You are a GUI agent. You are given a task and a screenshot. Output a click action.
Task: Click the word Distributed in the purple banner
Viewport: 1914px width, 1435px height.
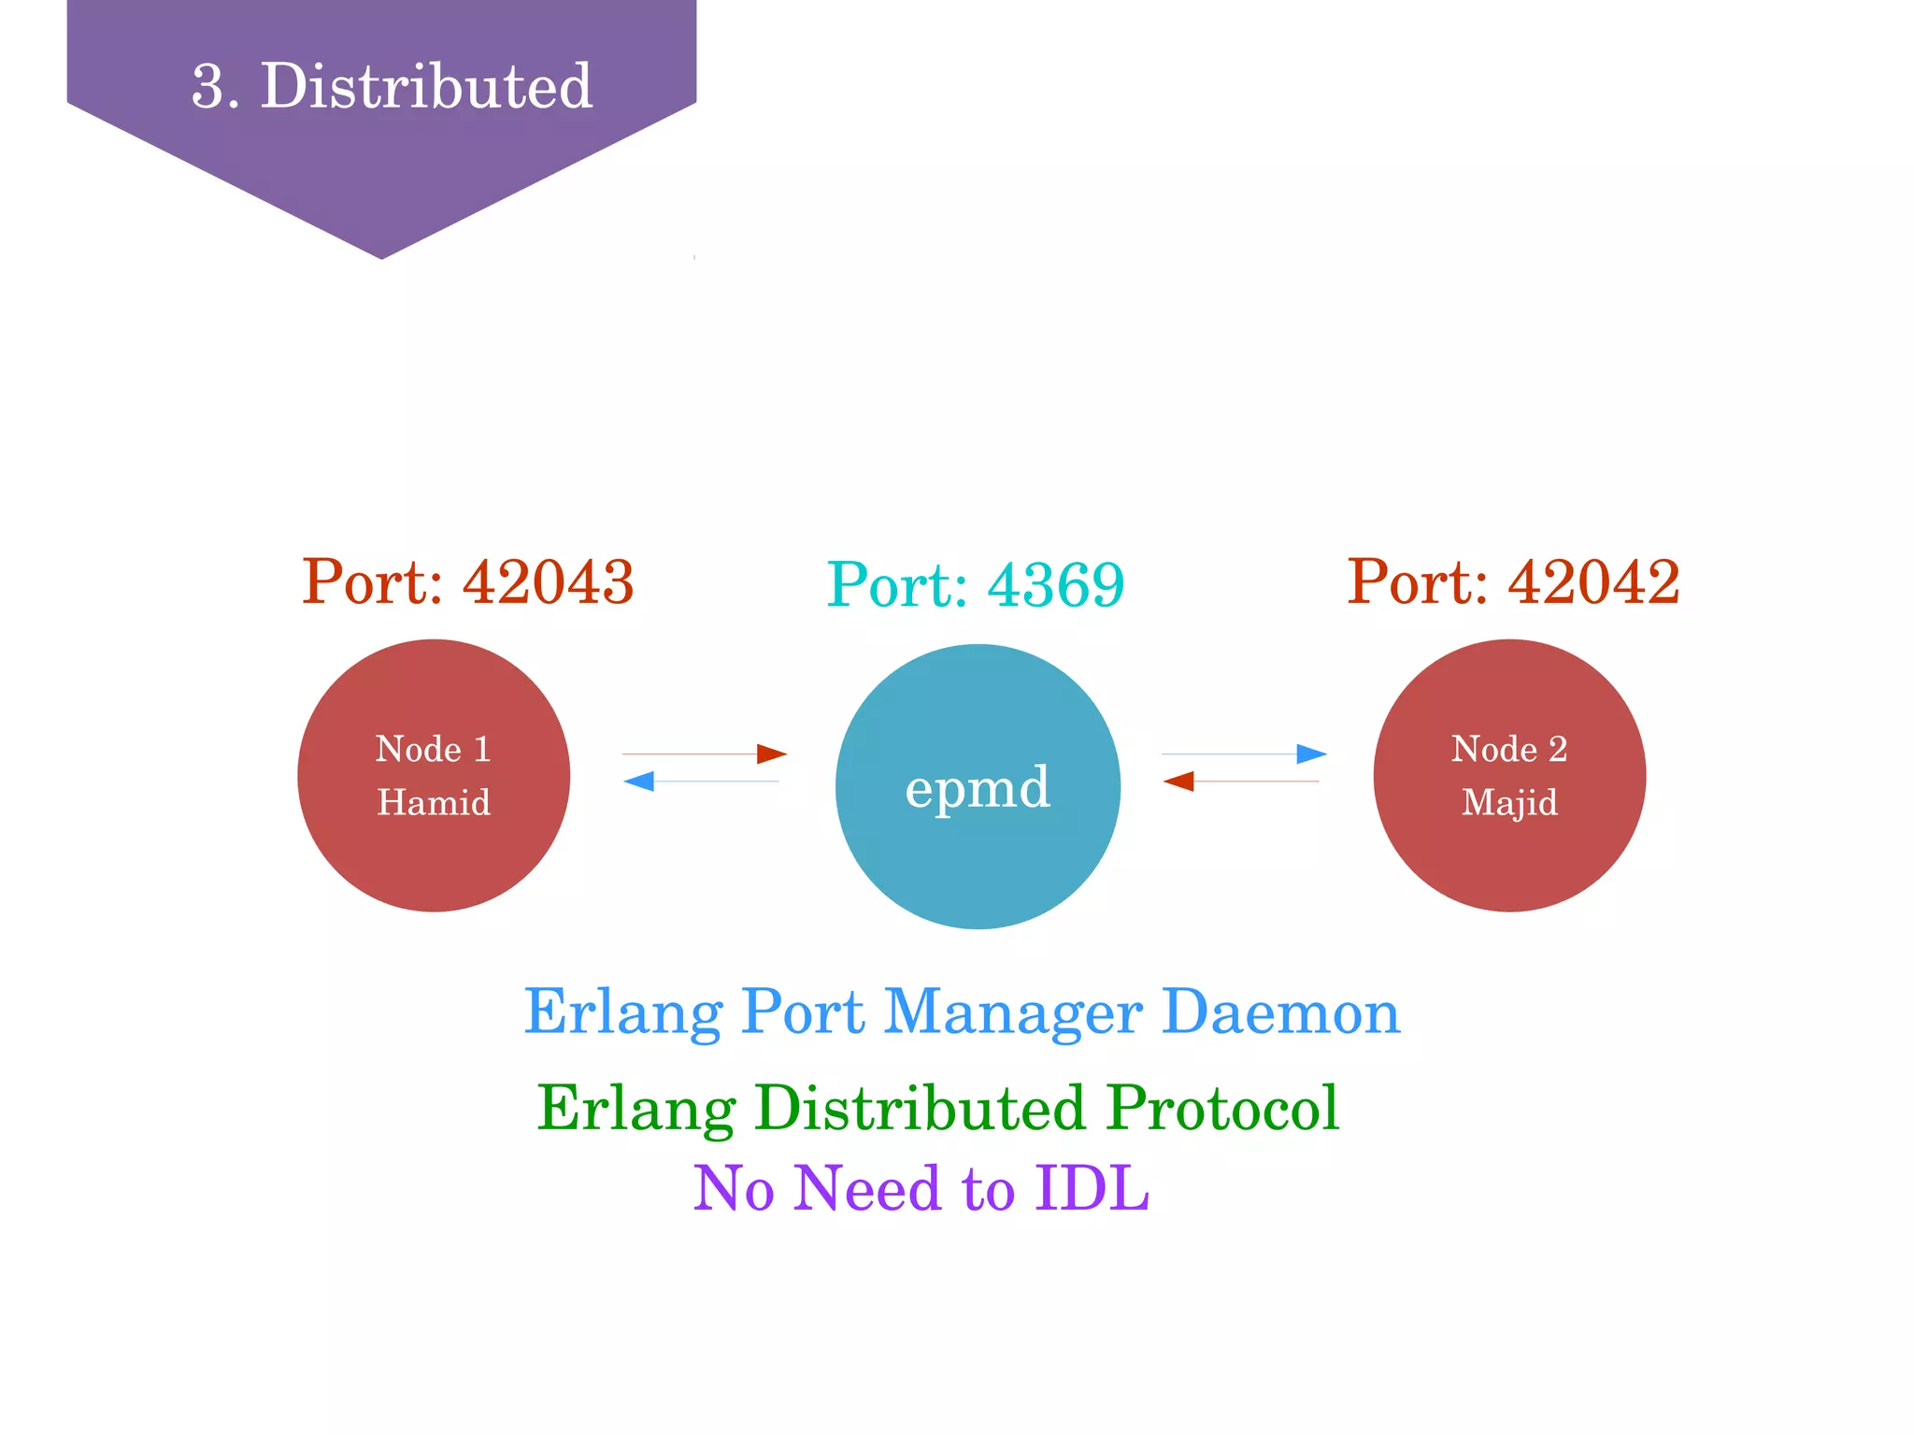point(426,86)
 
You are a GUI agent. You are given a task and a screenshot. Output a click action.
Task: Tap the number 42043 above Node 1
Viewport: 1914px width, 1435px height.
point(548,581)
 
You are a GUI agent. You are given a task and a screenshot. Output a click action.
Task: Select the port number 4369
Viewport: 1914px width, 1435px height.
point(1055,586)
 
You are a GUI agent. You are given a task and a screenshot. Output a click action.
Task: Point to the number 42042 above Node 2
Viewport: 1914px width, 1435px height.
point(1593,581)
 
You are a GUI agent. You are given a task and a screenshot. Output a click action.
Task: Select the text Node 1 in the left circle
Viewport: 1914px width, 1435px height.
point(434,749)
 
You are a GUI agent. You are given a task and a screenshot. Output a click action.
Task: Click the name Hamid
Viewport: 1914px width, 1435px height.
point(434,802)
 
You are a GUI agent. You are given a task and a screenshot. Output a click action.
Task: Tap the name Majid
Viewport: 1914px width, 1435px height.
point(1509,802)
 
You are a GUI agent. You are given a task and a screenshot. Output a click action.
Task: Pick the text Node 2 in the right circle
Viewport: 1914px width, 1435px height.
point(1509,749)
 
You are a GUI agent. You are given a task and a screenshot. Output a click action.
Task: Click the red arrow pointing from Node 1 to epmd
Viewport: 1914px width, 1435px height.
point(705,753)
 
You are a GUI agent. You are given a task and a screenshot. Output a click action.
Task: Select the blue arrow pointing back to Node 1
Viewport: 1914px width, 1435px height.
point(701,781)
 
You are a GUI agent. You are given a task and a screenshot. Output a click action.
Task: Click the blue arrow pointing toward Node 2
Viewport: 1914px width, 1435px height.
point(1244,753)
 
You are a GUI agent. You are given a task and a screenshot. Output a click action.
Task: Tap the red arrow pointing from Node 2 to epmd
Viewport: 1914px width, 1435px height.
point(1241,781)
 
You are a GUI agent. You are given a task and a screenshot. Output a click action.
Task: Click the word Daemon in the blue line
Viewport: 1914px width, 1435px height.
point(1280,1012)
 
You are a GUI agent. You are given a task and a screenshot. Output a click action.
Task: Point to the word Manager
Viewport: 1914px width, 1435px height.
point(1013,1012)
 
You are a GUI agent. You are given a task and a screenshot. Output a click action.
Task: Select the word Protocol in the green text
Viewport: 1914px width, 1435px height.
point(1223,1108)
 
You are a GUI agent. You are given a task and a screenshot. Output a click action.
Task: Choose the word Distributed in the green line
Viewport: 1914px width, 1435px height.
point(920,1108)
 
